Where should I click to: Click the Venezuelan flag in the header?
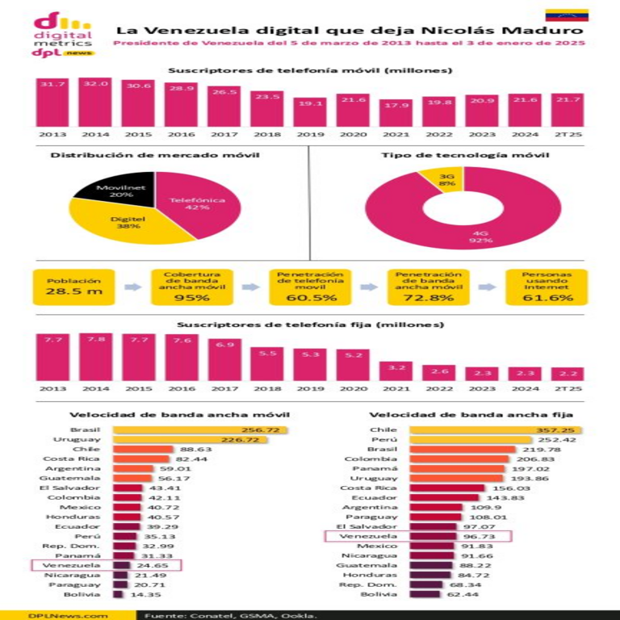(x=566, y=15)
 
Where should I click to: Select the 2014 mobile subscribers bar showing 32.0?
(x=95, y=103)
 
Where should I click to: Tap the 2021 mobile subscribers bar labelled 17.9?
(x=396, y=113)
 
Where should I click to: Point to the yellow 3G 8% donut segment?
(x=446, y=178)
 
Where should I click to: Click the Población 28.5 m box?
(x=73, y=287)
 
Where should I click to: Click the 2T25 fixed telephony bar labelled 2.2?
(x=568, y=374)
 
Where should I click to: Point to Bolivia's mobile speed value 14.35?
(x=143, y=594)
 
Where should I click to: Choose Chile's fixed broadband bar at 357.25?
(x=496, y=430)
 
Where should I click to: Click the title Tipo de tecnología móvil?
(x=464, y=154)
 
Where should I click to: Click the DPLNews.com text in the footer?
(x=57, y=614)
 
